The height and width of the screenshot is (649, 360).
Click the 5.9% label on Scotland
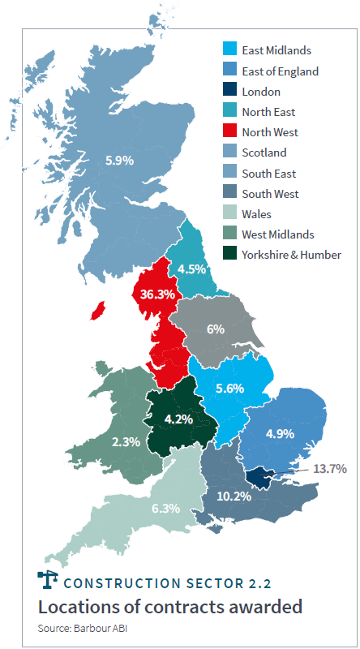[x=119, y=161]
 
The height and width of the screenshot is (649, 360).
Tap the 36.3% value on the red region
[x=157, y=294]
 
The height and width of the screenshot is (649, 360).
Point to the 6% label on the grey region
[x=215, y=329]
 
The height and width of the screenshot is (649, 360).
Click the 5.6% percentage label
[x=229, y=389]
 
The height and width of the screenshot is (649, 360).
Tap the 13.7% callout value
[x=330, y=469]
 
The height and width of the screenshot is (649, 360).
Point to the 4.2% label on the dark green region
[x=178, y=419]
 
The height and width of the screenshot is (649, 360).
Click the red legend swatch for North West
[x=231, y=132]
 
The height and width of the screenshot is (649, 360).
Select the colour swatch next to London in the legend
[x=231, y=92]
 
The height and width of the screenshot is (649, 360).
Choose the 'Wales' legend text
[x=256, y=214]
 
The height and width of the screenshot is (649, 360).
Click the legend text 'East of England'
[x=280, y=71]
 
